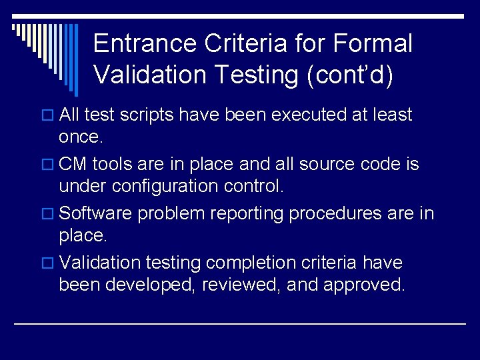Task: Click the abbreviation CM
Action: pyautogui.click(x=73, y=165)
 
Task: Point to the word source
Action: pyautogui.click(x=337, y=165)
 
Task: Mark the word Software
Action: pyautogui.click(x=99, y=214)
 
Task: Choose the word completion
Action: pyautogui.click(x=251, y=263)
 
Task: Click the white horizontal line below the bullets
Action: pyautogui.click(x=240, y=323)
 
